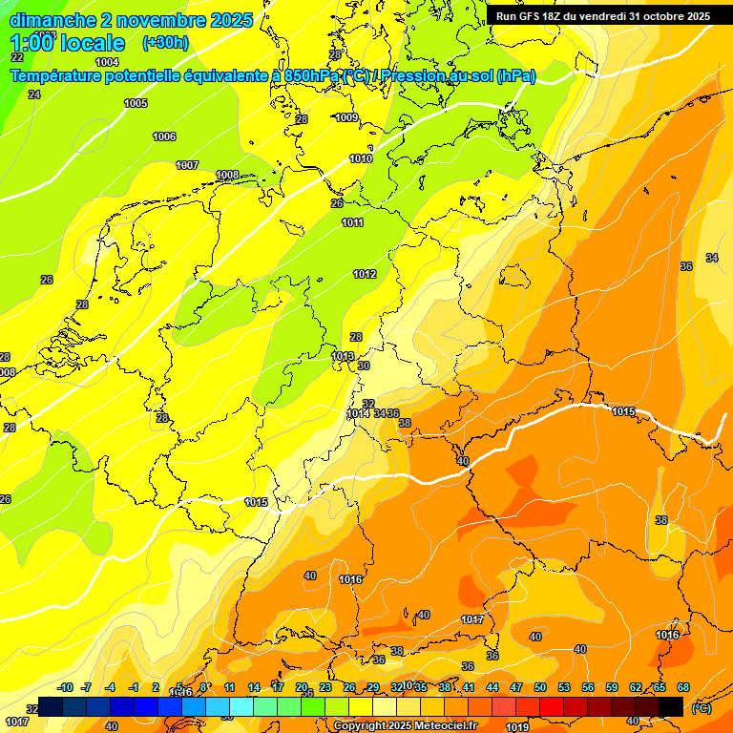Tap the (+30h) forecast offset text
pos(164,43)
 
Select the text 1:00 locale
pos(68,43)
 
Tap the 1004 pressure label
pos(107,62)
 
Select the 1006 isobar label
pos(164,136)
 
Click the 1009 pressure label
pos(346,117)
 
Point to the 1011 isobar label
pos(353,222)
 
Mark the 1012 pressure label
pos(365,274)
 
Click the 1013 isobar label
pos(343,356)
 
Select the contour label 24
pos(34,94)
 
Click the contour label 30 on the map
pos(364,366)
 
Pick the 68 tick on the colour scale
pos(683,687)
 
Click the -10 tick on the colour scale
pos(65,687)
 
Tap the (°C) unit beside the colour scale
pos(701,708)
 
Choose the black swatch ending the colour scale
pos(672,706)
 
